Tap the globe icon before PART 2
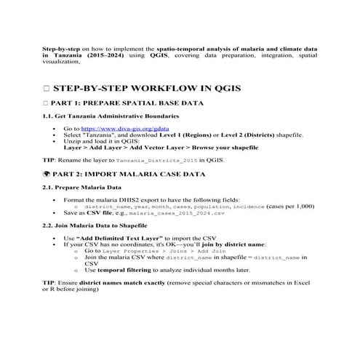(x=47, y=175)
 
